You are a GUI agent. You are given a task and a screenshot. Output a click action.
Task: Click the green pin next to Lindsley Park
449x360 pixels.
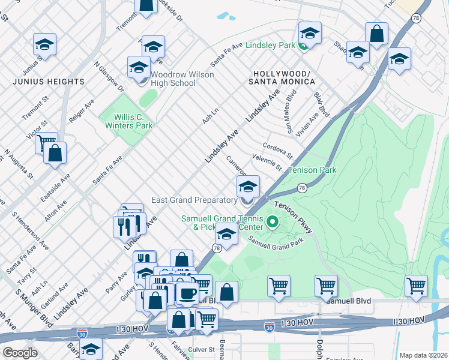pyautogui.click(x=304, y=46)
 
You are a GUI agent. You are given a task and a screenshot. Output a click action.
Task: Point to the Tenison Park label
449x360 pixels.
pyautogui.click(x=312, y=170)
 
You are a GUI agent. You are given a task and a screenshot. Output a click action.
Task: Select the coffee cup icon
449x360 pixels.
pyautogui.click(x=187, y=293)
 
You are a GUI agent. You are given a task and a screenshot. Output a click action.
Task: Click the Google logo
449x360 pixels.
pyautogui.click(x=20, y=353)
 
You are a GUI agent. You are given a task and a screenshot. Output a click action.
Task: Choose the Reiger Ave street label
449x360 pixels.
pyautogui.click(x=82, y=112)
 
